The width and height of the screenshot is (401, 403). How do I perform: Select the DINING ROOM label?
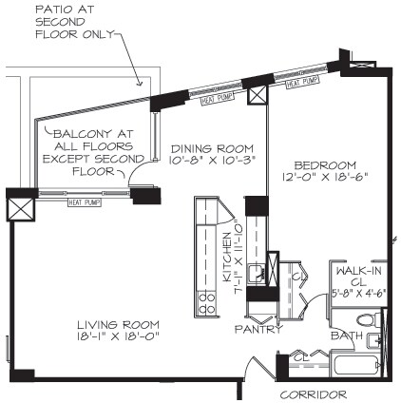211,148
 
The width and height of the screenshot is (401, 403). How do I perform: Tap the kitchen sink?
255,276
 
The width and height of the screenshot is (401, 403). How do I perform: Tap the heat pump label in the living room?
84,201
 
